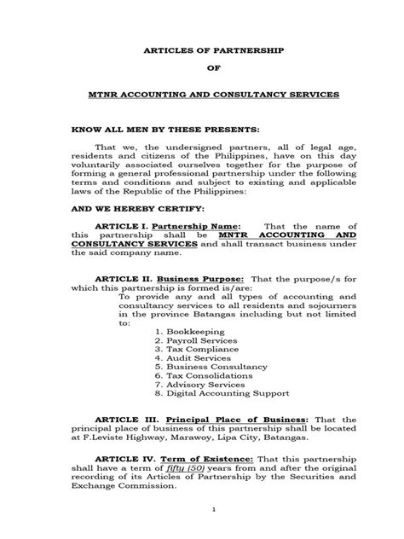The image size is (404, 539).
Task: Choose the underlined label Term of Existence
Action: pos(201,459)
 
